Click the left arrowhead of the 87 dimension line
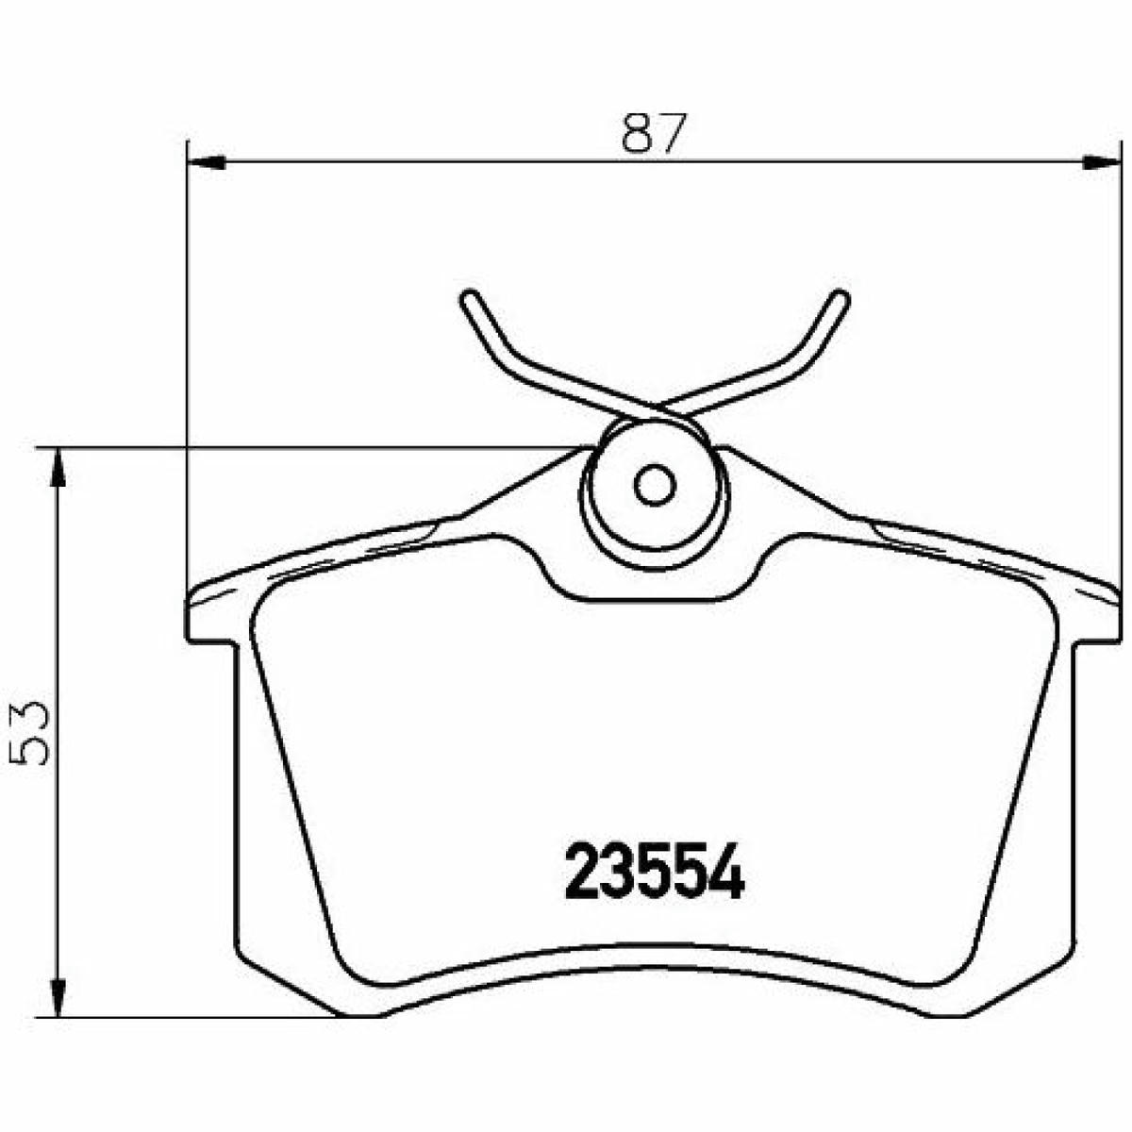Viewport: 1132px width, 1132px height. click(206, 161)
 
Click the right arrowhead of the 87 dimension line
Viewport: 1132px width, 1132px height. click(1099, 161)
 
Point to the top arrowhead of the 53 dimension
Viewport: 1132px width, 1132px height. click(58, 468)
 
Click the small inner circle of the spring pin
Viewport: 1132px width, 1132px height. click(655, 485)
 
